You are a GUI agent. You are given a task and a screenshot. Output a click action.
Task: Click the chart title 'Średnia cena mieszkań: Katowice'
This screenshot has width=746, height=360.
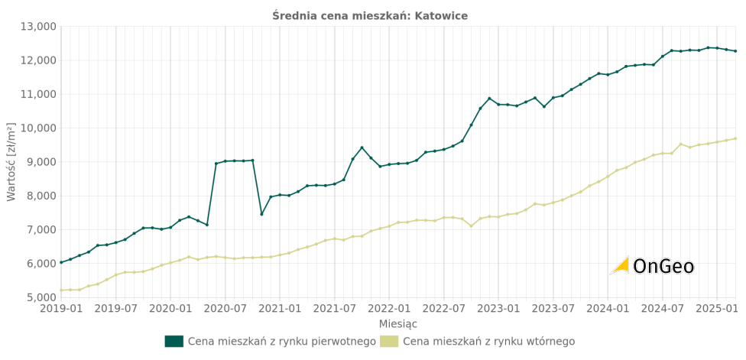(370, 16)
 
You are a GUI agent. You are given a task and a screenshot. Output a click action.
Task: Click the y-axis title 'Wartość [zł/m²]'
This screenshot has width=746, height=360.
(11, 161)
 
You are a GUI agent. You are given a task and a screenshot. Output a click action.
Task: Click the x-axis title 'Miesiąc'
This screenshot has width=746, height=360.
(398, 324)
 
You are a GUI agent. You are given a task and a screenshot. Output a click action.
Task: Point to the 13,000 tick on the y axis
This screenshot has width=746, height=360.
(37, 27)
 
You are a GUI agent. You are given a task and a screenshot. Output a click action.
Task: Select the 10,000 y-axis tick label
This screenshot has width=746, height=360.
(37, 128)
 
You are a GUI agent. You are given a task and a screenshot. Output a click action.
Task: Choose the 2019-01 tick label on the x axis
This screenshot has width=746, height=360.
(61, 309)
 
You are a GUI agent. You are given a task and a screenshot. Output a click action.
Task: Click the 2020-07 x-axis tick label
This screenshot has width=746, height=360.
(225, 309)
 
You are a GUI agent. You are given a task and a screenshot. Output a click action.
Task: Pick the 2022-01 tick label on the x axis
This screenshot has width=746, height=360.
(389, 309)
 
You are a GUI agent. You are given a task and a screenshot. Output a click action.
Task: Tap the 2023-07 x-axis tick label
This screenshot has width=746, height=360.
(553, 309)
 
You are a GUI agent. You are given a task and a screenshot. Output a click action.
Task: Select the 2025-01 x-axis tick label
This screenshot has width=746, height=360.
(716, 309)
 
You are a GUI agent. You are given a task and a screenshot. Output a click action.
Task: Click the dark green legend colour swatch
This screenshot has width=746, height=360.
(174, 342)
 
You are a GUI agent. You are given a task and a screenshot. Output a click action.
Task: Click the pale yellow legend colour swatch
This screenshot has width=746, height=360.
(388, 342)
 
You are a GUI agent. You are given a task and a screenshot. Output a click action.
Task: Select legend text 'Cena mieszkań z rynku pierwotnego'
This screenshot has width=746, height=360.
(281, 342)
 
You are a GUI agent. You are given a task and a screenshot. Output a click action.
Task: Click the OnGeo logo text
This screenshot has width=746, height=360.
(663, 266)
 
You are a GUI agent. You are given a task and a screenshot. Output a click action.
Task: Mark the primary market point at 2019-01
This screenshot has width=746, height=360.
(61, 263)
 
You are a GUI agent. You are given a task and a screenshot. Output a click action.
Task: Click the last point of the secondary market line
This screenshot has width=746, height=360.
(735, 138)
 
